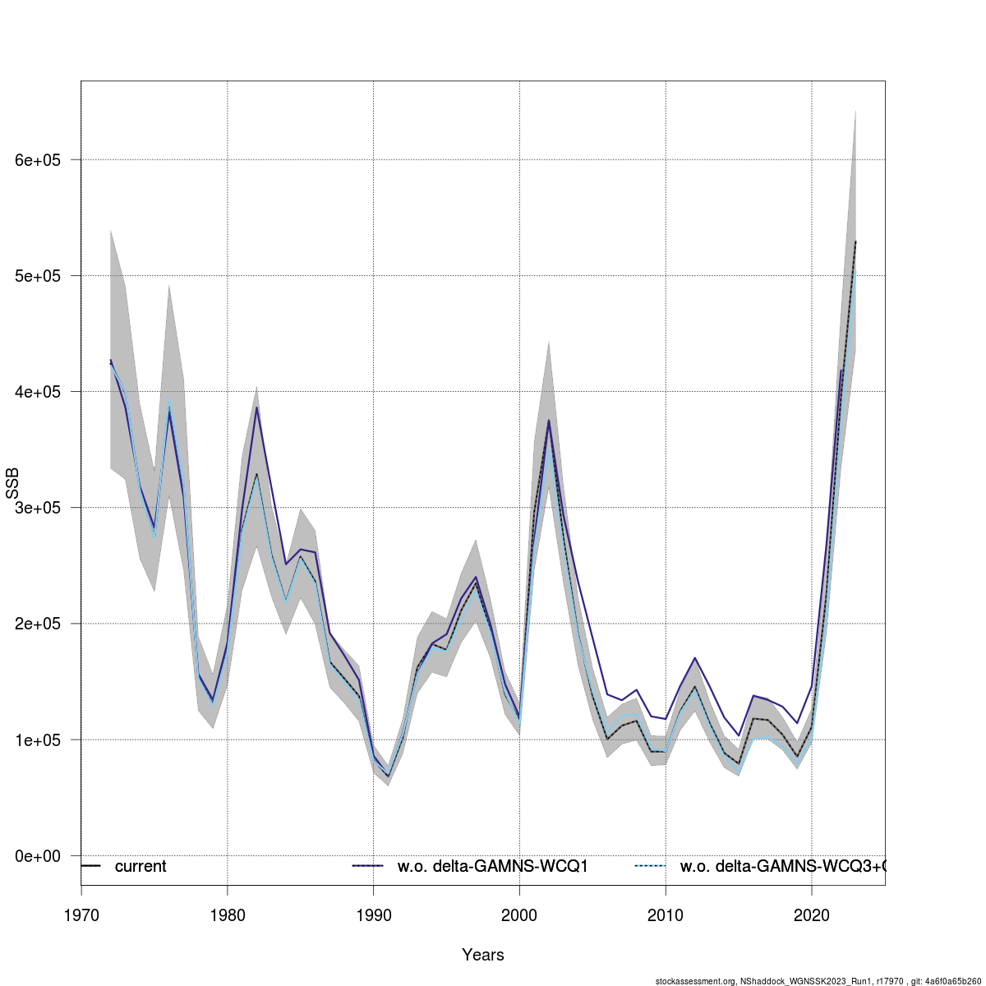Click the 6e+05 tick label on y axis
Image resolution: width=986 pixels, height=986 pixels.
tap(38, 160)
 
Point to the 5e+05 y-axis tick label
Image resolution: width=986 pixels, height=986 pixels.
tap(38, 276)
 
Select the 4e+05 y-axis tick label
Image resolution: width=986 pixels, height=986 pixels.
tap(38, 392)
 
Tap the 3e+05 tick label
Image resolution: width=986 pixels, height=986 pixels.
tap(38, 508)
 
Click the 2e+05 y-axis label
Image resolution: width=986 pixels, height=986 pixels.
tap(38, 624)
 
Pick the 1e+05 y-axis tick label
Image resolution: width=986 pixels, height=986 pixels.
tap(38, 739)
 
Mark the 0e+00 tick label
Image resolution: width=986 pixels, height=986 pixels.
tap(38, 856)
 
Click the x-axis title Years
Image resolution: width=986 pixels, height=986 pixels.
tap(483, 955)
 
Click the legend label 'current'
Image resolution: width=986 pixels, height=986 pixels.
tap(141, 867)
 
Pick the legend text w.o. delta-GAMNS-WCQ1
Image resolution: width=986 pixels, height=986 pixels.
tap(493, 867)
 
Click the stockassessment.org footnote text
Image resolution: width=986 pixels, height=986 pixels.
tap(818, 980)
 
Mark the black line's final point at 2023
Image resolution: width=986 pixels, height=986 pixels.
tap(855, 242)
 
